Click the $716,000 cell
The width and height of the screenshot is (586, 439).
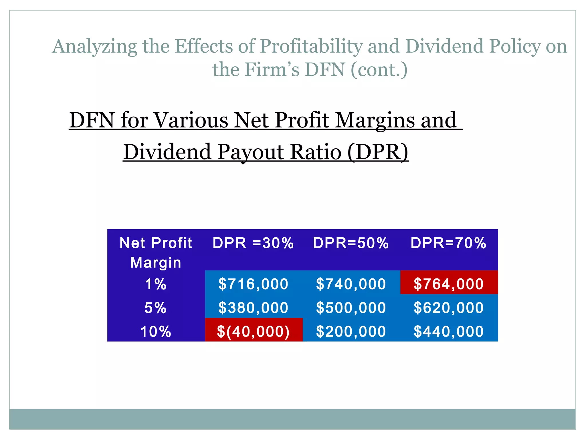[x=253, y=284]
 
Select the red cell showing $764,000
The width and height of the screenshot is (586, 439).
[x=449, y=284]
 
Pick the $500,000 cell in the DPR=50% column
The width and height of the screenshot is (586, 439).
[x=351, y=308]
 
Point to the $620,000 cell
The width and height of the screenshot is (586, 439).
[x=449, y=308]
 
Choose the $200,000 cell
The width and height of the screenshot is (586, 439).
[x=351, y=332]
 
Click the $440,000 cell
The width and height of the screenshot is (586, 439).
[x=449, y=332]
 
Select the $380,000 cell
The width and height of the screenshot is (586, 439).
[x=253, y=308]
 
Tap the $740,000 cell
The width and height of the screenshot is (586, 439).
[x=351, y=284]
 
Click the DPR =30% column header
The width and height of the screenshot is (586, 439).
[x=253, y=243]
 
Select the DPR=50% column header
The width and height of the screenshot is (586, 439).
[x=351, y=243]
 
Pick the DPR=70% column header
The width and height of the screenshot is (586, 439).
[x=448, y=243]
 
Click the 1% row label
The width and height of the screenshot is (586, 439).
[x=156, y=284]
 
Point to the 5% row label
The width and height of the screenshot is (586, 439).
[x=155, y=308]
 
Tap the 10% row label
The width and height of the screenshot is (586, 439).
[x=156, y=332]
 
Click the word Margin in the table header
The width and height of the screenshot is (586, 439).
[x=156, y=263]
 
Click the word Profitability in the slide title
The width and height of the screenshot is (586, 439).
[x=312, y=46]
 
